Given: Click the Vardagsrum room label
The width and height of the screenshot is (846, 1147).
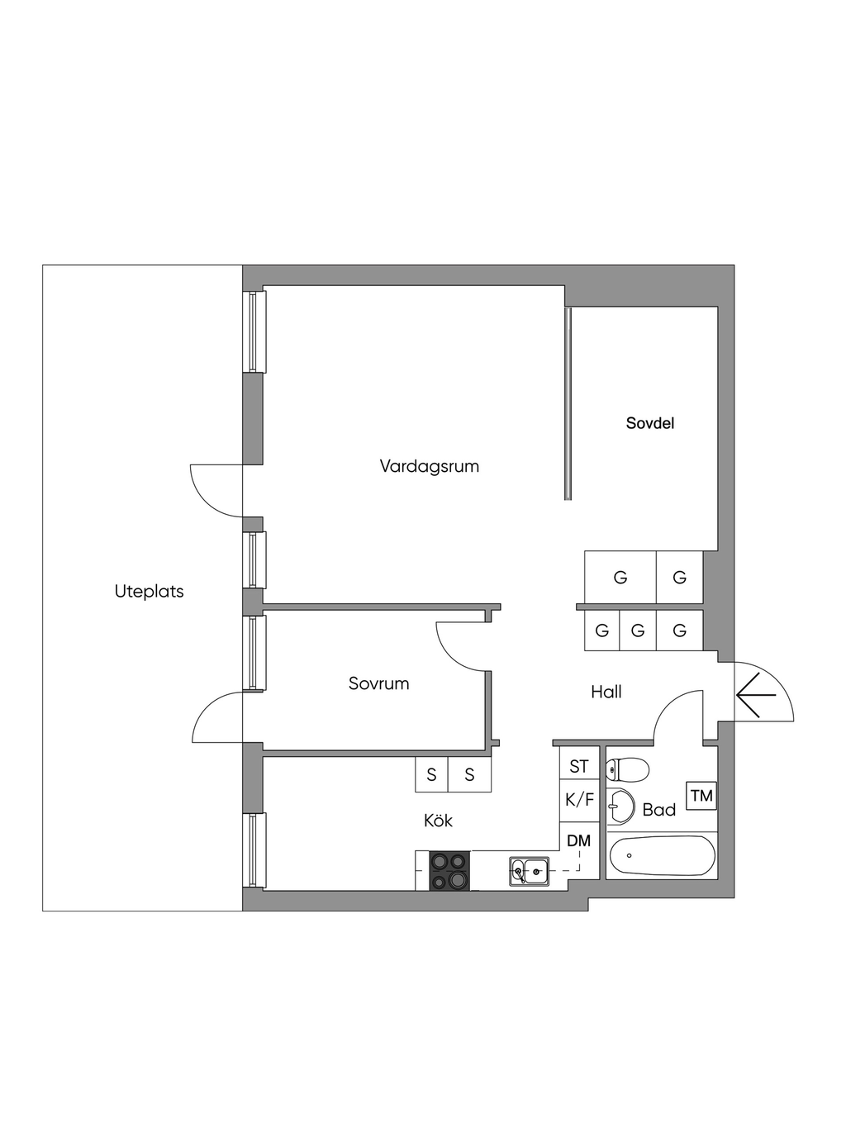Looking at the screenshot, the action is [429, 466].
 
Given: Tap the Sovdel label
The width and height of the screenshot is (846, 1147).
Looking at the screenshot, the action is [649, 423].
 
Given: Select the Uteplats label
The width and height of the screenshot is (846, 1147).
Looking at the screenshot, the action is [149, 591].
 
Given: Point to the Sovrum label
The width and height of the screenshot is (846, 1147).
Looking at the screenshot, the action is [378, 683].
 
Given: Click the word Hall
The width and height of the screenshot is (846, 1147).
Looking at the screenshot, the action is [606, 692].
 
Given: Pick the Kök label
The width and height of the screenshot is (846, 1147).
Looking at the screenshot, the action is [438, 820].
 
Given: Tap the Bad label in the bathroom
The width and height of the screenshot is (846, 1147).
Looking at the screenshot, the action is [658, 809].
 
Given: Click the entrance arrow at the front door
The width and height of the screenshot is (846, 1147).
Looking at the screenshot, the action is [755, 694].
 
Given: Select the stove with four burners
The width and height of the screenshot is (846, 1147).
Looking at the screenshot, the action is [449, 871].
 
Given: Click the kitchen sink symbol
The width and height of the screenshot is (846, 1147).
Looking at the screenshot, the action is [529, 871].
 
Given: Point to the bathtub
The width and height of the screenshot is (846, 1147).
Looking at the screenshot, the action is [663, 856].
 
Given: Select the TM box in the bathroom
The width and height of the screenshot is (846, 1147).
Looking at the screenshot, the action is [701, 795].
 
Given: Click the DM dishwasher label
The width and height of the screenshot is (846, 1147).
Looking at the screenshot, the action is [578, 841].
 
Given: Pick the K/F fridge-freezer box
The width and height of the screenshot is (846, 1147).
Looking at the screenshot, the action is [579, 801].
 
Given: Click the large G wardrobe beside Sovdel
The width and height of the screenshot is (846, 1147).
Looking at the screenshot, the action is [620, 577].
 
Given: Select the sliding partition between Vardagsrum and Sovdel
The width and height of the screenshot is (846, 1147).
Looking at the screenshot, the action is [568, 403].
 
